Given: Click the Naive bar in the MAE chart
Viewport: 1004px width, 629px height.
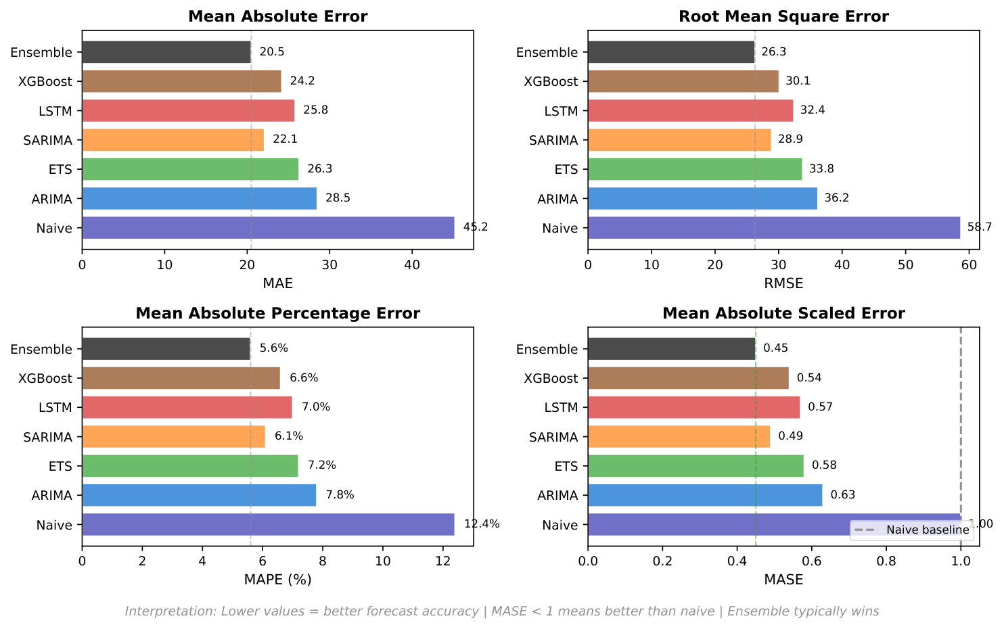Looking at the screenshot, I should [x=268, y=228].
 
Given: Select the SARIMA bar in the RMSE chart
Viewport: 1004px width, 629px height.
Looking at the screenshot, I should [x=679, y=140].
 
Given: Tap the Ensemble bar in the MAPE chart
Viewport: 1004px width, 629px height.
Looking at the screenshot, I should [x=166, y=349].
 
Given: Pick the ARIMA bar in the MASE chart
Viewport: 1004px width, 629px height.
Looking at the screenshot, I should [x=705, y=495].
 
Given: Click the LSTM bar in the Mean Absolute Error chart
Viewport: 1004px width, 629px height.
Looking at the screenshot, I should [x=188, y=110].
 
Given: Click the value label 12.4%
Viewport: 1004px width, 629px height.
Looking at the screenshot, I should [x=482, y=524].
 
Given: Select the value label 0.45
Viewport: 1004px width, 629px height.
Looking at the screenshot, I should [x=775, y=348].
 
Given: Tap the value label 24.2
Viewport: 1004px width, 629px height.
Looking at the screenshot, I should [x=302, y=81].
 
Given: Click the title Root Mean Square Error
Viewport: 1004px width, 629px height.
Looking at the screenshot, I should [x=783, y=16].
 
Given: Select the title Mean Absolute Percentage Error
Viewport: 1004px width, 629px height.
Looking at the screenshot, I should [x=277, y=313].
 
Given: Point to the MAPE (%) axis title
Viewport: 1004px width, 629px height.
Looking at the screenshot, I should [x=277, y=580].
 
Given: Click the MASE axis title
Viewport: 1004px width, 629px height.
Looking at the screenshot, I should [x=783, y=580].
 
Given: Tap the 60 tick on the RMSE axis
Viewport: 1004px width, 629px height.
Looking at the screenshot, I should [x=969, y=264].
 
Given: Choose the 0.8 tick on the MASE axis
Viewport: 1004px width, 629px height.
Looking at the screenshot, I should [x=886, y=561].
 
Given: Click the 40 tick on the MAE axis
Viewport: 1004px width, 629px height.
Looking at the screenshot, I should [x=412, y=264].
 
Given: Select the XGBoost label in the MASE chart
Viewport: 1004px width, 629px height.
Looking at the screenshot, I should [x=551, y=378].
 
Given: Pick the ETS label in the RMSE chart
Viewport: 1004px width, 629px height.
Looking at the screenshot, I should [x=566, y=169].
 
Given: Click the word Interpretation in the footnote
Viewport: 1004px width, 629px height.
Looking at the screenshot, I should [x=166, y=611].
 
